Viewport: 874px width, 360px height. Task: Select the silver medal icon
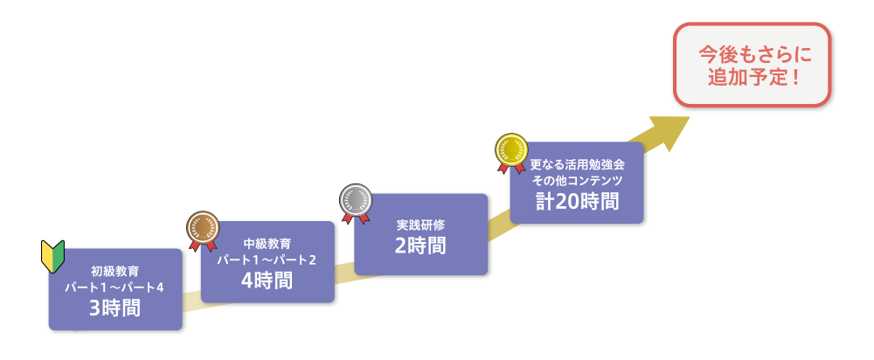[355, 198]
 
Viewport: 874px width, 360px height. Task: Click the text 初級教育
[114, 271]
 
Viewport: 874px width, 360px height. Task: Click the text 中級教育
[267, 243]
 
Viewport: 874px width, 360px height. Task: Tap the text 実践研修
[420, 225]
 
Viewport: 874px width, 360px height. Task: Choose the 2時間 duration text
[420, 246]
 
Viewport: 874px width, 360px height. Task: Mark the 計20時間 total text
[577, 201]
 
